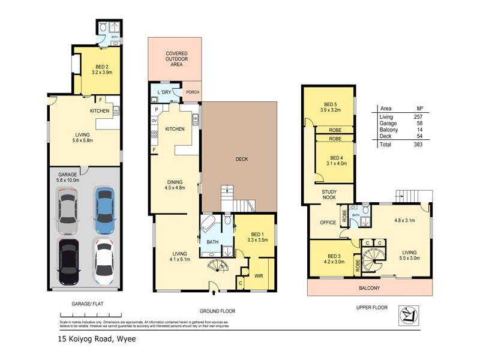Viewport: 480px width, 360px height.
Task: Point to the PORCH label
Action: pos(192,92)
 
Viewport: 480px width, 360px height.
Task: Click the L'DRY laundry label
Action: pos(163,92)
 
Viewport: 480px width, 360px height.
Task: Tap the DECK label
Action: pos(241,159)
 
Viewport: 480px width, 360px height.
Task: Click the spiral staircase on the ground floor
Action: pos(217,266)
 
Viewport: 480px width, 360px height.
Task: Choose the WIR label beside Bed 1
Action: pos(260,275)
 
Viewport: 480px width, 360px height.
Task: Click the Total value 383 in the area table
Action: pos(426,145)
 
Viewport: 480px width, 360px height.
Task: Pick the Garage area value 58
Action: pos(426,123)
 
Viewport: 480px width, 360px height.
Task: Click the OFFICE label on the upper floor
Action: pos(328,223)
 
